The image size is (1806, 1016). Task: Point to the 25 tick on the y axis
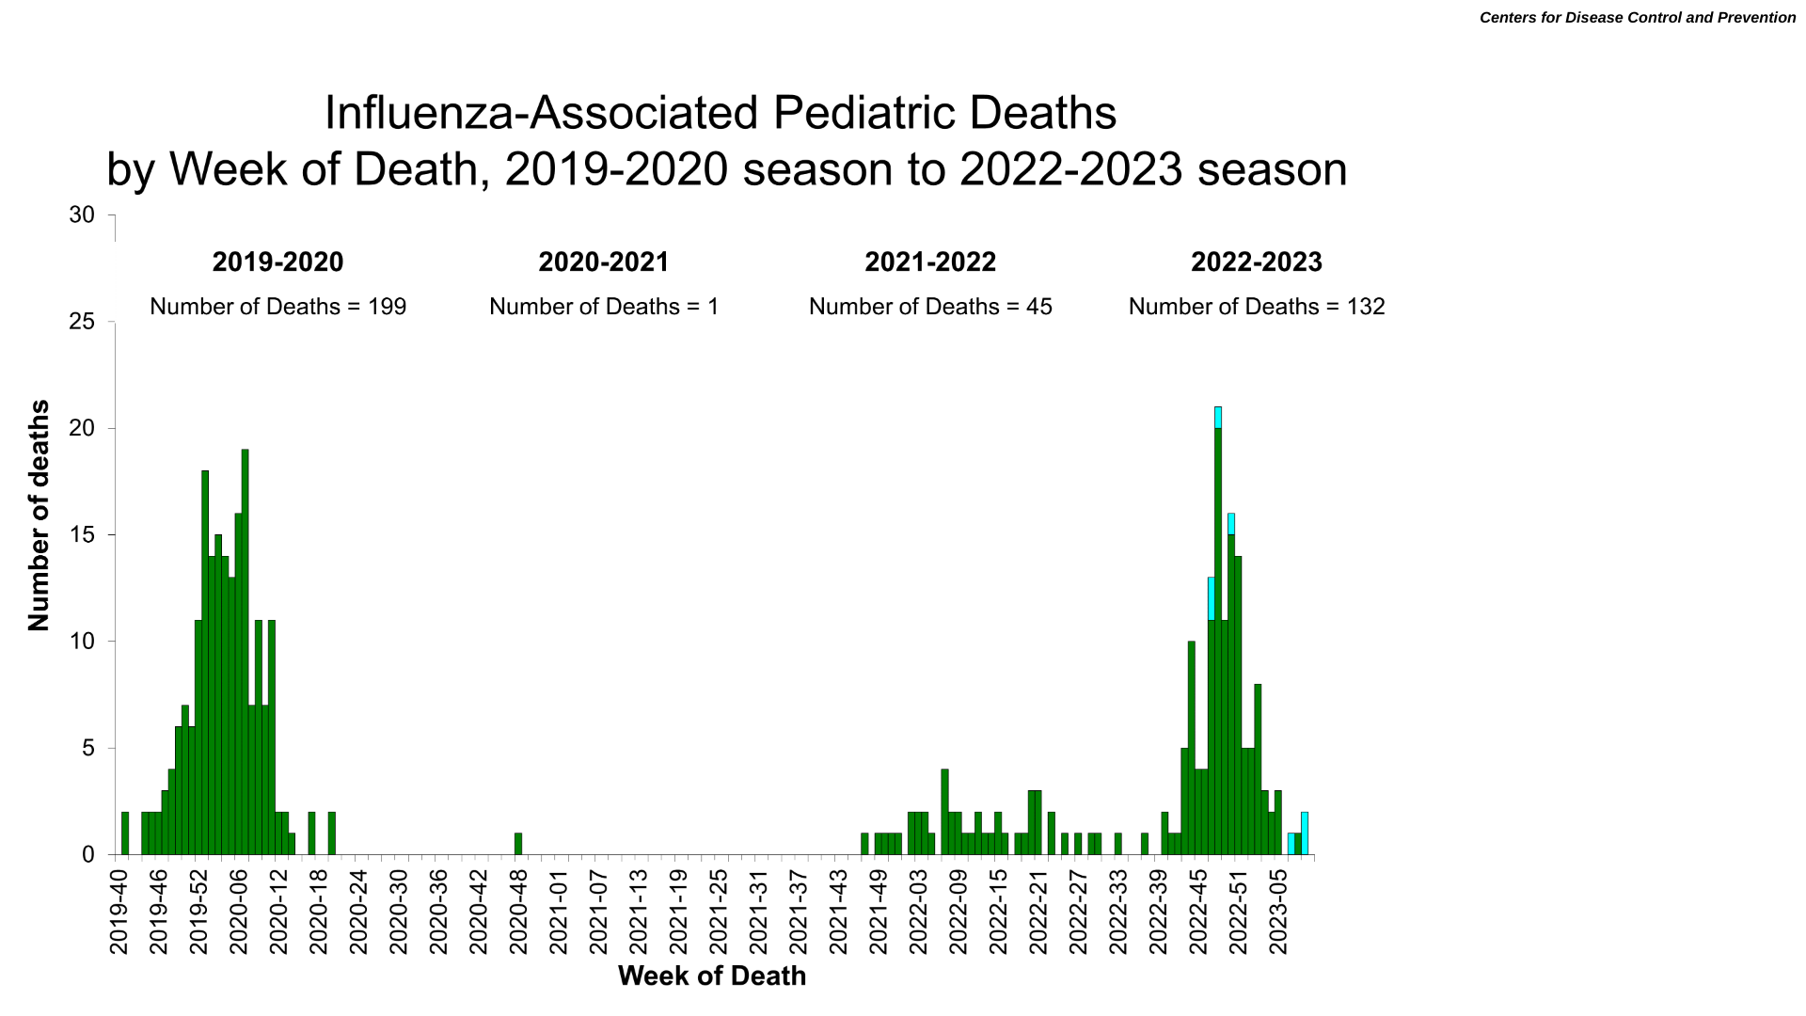[x=83, y=322]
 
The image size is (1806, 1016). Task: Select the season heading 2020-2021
[x=604, y=262]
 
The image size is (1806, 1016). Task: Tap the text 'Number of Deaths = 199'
[x=278, y=307]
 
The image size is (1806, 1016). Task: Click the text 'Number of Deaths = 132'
[x=1257, y=307]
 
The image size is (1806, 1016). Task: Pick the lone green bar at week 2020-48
[x=518, y=844]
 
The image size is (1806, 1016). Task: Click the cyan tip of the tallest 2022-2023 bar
[x=1218, y=417]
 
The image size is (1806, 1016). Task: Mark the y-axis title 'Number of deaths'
[x=39, y=516]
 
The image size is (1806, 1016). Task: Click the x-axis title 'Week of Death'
[x=712, y=976]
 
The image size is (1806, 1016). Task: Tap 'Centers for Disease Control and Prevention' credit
[x=1638, y=18]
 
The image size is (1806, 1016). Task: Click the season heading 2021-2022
[x=930, y=262]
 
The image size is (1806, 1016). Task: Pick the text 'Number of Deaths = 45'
[x=930, y=307]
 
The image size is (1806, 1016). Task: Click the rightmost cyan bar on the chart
[x=1305, y=833]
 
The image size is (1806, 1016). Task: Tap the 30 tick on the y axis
[x=83, y=215]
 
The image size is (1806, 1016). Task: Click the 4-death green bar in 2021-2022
[x=945, y=812]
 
